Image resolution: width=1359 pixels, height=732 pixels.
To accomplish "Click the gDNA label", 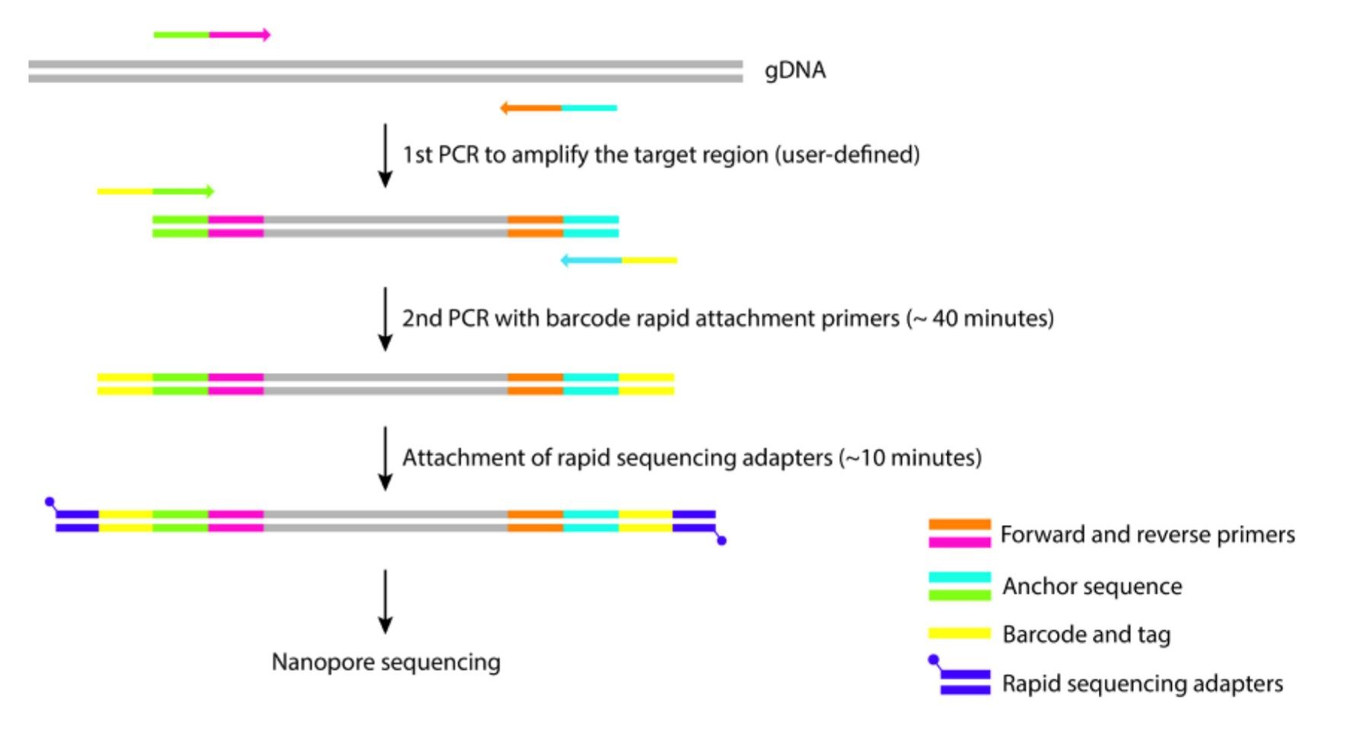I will [794, 70].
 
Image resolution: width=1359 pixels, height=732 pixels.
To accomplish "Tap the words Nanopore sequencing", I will [386, 662].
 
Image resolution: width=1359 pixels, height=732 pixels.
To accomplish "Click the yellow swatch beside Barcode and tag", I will [959, 633].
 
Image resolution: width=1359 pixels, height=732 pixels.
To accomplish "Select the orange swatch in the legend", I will [959, 525].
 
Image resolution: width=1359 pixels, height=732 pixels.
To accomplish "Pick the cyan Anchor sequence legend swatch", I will [959, 578].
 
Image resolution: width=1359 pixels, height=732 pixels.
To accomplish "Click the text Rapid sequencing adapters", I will [1141, 683].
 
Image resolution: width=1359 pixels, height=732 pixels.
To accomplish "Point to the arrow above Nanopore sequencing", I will [385, 601].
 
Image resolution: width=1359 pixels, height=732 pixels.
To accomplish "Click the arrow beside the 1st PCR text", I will [385, 155].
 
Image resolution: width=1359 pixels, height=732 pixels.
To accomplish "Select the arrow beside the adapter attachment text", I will [385, 458].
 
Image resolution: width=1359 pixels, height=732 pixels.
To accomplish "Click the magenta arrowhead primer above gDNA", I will [239, 35].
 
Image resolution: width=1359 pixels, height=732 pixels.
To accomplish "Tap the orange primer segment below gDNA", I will [531, 108].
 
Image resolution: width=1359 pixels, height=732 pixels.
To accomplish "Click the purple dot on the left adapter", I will [50, 502].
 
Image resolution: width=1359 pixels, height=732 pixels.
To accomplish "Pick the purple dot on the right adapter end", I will [721, 540].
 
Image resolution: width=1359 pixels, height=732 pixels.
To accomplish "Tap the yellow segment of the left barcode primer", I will [125, 192].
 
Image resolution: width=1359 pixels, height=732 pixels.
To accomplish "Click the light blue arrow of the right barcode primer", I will [592, 260].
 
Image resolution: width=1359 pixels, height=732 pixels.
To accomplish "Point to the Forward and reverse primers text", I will [1147, 535].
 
